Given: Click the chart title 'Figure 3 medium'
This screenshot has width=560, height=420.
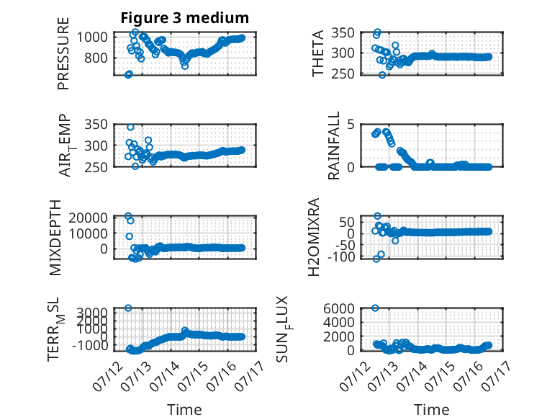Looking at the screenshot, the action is (x=185, y=18).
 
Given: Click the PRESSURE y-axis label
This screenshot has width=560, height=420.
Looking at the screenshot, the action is (x=63, y=53).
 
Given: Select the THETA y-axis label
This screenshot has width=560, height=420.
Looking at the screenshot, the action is (x=317, y=53).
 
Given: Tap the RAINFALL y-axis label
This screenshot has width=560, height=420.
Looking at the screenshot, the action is (x=333, y=146).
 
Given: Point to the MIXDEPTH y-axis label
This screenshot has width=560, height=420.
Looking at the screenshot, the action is (x=55, y=238).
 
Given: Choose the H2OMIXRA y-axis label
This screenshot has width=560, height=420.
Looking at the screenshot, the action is (x=313, y=237).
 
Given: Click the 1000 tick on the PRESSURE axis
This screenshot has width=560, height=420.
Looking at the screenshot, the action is (x=92, y=37).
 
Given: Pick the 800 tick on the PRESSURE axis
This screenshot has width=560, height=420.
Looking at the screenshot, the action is (x=96, y=58).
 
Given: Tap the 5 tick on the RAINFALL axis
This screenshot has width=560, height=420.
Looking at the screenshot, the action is (x=351, y=125).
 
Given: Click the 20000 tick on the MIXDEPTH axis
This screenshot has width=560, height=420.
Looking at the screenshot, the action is (x=89, y=218).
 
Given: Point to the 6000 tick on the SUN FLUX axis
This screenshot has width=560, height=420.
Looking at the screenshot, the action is (x=339, y=308).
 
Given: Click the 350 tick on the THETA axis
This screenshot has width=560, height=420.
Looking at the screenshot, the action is (x=343, y=33).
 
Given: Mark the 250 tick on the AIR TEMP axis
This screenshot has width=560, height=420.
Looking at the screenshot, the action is (x=96, y=167).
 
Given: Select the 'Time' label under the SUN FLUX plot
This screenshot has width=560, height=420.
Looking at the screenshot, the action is (x=431, y=410).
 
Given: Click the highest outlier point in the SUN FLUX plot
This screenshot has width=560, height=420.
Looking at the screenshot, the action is (x=375, y=308).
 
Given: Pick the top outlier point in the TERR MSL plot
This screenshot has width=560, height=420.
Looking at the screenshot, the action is (x=128, y=308).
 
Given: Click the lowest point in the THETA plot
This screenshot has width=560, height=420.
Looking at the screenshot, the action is (x=382, y=75).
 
